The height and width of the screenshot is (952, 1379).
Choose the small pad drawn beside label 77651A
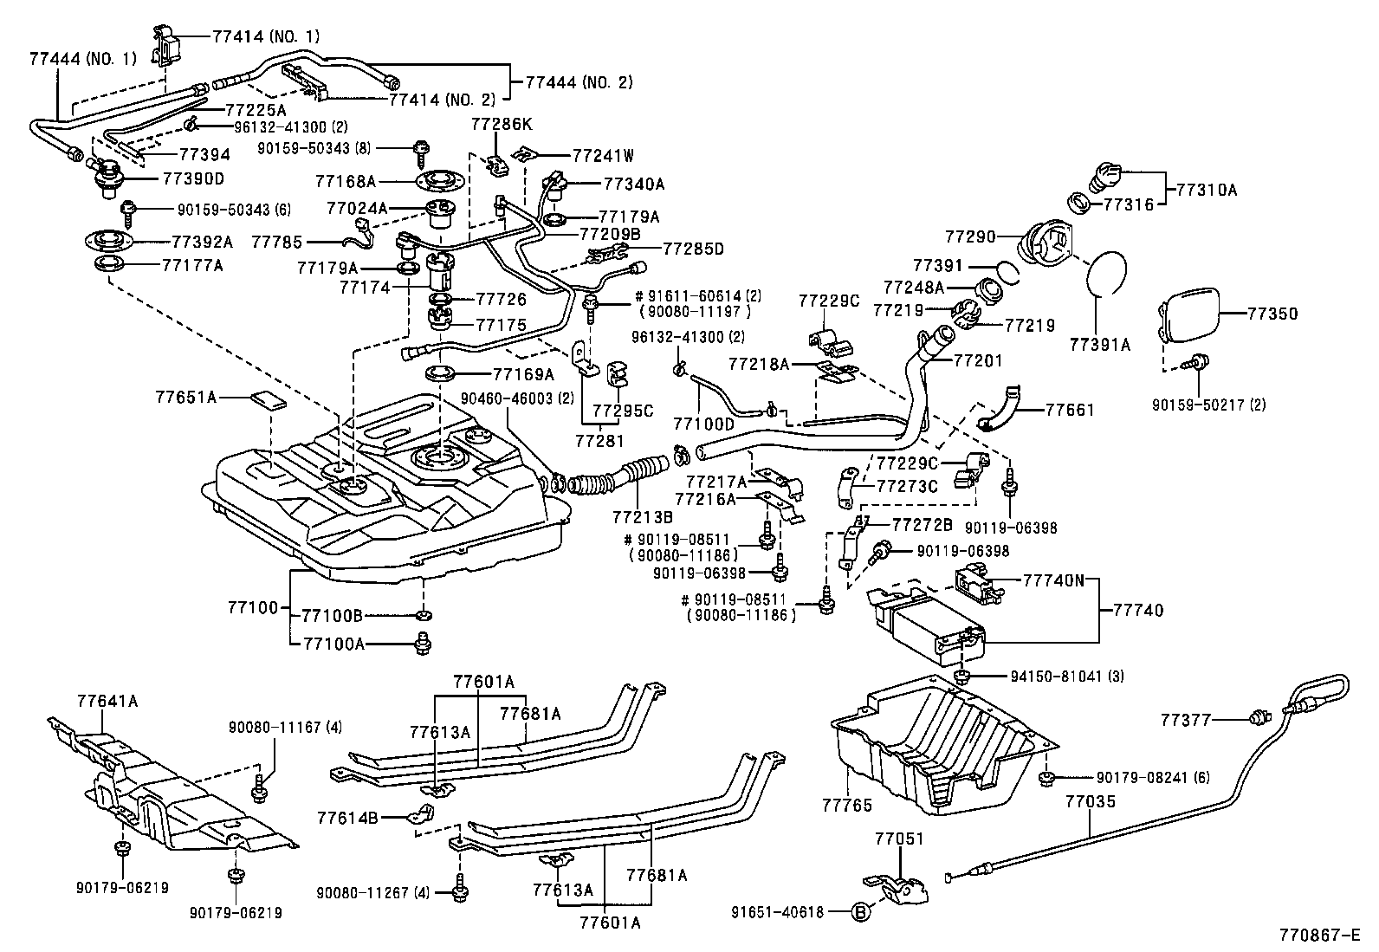(x=269, y=399)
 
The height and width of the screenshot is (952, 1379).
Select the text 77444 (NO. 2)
(x=579, y=83)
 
